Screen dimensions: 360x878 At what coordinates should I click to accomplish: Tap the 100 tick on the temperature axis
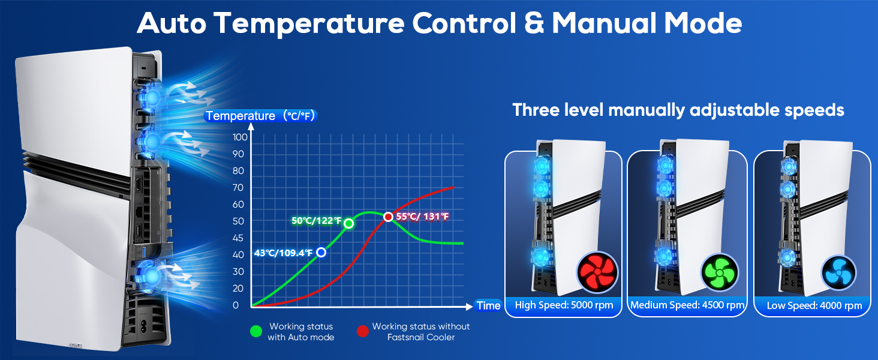pos(240,137)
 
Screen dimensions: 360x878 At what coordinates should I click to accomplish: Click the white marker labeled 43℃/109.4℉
pos(321,253)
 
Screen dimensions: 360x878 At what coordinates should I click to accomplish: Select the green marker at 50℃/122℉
pos(348,223)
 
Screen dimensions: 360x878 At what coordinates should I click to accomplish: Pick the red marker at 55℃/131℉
pos(389,217)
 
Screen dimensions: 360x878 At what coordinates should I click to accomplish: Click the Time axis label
pos(488,306)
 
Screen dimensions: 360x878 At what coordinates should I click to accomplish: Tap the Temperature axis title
pos(259,116)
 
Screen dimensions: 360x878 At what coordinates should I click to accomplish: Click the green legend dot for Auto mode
pos(256,331)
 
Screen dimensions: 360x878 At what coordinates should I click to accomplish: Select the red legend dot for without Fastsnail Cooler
pos(362,331)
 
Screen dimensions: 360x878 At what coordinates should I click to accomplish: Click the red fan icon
pos(596,272)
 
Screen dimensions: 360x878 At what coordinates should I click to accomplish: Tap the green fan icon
pos(720,272)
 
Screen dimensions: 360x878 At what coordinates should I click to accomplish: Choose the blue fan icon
pos(838,272)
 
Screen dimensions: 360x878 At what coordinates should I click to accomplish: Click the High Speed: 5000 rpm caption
pos(564,305)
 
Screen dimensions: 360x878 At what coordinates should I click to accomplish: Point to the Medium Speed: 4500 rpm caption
pos(687,305)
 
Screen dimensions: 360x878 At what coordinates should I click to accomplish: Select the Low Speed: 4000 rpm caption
pos(814,306)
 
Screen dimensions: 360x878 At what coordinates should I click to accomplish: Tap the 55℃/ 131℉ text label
pos(422,217)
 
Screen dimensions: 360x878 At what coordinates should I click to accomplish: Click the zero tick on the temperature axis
pos(236,305)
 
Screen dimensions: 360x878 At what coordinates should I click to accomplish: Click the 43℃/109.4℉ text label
pos(284,253)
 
